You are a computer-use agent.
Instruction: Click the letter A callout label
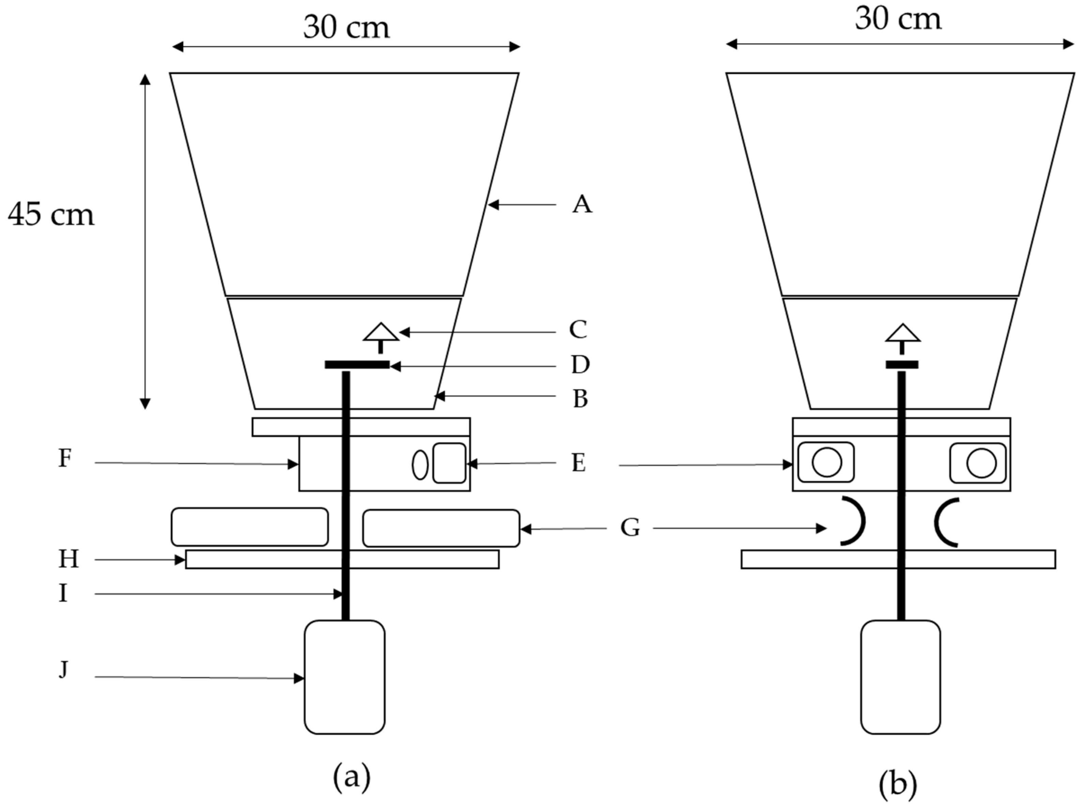pyautogui.click(x=582, y=204)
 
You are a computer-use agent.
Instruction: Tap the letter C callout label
pyautogui.click(x=578, y=330)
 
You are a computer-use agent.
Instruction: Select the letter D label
pyautogui.click(x=580, y=365)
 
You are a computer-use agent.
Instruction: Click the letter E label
pyautogui.click(x=579, y=463)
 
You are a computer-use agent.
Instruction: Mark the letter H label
pyautogui.click(x=68, y=559)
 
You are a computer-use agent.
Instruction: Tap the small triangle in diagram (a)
pyautogui.click(x=381, y=332)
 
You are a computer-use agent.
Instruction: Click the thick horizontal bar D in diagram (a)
pyautogui.click(x=357, y=365)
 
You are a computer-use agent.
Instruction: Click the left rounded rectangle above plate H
pyautogui.click(x=249, y=527)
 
